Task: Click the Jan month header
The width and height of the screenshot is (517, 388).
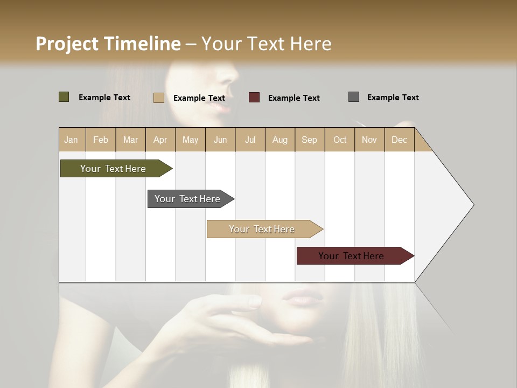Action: pyautogui.click(x=72, y=140)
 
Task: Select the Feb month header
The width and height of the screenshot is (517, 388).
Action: pyautogui.click(x=101, y=140)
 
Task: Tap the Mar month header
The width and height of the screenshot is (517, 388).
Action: pyautogui.click(x=130, y=140)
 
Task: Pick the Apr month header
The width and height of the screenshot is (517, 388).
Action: pyautogui.click(x=160, y=140)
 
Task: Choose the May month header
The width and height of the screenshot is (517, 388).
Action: pyautogui.click(x=190, y=140)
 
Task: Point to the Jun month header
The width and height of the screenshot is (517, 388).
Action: pyautogui.click(x=220, y=140)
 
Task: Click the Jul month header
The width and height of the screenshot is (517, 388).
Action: pyautogui.click(x=250, y=140)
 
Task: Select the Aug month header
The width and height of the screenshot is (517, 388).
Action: pyautogui.click(x=280, y=140)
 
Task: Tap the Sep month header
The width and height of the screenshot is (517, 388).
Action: pyautogui.click(x=309, y=140)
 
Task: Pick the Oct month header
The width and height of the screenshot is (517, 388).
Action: pyautogui.click(x=340, y=140)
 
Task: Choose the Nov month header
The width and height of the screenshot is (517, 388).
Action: pyautogui.click(x=369, y=140)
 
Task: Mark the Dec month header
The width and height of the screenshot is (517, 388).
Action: pyautogui.click(x=399, y=140)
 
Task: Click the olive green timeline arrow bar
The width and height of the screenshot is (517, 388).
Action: pyautogui.click(x=114, y=169)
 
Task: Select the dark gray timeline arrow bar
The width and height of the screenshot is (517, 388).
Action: pyautogui.click(x=188, y=199)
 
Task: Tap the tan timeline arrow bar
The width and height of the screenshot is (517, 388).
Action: pyautogui.click(x=262, y=229)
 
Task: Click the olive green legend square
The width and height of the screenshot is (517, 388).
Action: pyautogui.click(x=64, y=97)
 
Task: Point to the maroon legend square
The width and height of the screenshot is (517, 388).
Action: pyautogui.click(x=254, y=97)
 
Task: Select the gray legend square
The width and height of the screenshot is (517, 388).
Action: pyautogui.click(x=354, y=97)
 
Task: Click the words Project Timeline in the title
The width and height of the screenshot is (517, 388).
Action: pyautogui.click(x=108, y=44)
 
